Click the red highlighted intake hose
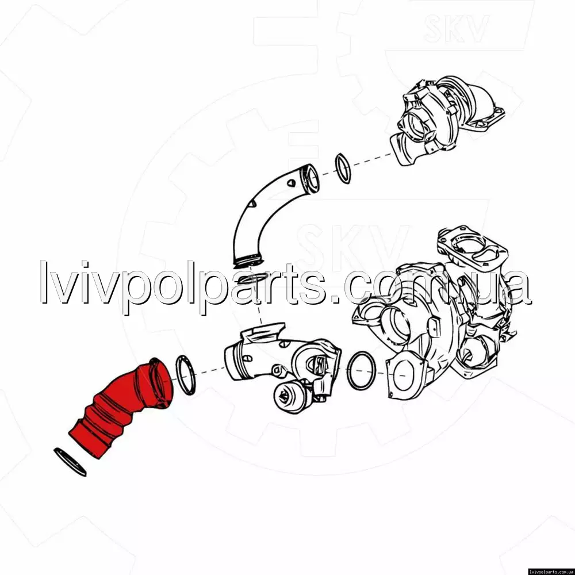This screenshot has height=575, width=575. [121, 407]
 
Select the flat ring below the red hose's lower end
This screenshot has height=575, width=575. [70, 462]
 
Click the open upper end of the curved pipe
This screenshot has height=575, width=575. [310, 179]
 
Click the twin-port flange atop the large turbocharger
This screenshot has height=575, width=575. [473, 247]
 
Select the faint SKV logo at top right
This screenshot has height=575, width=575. [456, 28]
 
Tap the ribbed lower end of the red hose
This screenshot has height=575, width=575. [91, 435]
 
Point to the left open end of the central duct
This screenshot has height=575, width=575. [232, 363]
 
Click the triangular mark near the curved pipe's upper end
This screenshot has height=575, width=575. [291, 183]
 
